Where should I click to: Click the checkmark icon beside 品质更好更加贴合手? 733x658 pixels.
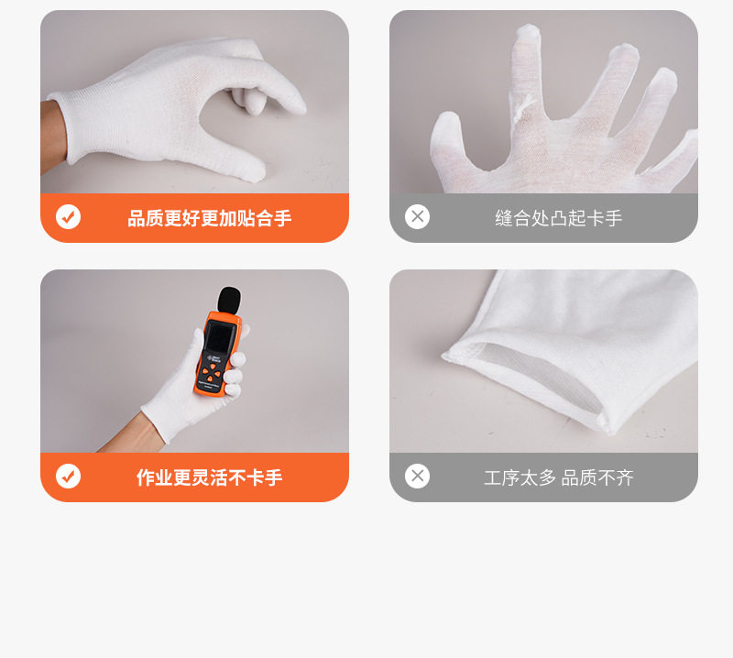click(68, 217)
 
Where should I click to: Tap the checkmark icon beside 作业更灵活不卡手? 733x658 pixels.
click(68, 477)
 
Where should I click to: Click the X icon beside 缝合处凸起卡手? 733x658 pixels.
click(418, 217)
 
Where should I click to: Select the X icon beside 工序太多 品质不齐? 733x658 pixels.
click(418, 477)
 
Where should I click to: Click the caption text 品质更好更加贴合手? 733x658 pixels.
click(209, 218)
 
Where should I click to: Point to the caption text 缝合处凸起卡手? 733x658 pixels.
click(558, 218)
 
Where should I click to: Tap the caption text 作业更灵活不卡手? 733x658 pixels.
click(209, 477)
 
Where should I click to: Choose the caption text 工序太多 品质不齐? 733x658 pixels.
click(558, 477)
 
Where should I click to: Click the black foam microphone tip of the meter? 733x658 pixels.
click(228, 302)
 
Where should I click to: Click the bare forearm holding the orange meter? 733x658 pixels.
click(124, 441)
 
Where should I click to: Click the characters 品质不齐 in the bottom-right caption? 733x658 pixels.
click(597, 477)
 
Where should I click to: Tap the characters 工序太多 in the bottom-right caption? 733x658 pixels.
click(520, 477)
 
